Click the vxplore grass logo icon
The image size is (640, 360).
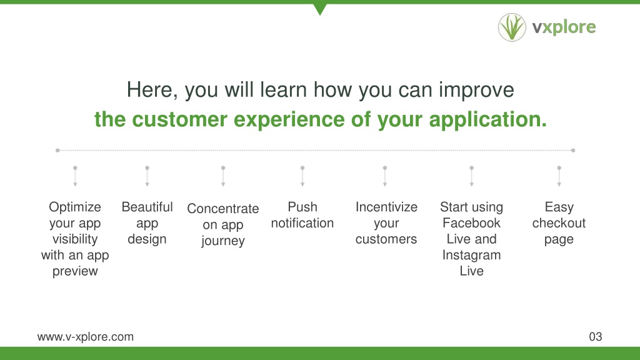pyautogui.click(x=512, y=27)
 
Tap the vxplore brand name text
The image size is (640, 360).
pyautogui.click(x=564, y=27)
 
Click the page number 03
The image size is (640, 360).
pyautogui.click(x=596, y=337)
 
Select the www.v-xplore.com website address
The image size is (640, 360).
pyautogui.click(x=85, y=337)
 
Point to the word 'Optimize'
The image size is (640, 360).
pyautogui.click(x=75, y=207)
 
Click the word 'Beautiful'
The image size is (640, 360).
pyautogui.click(x=147, y=207)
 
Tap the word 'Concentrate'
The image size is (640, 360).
pyautogui.click(x=223, y=209)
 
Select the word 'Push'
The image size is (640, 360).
pyautogui.click(x=302, y=207)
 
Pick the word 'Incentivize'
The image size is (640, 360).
pyautogui.click(x=386, y=207)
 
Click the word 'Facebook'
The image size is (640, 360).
pyautogui.click(x=471, y=223)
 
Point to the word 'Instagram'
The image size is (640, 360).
pyautogui.click(x=471, y=255)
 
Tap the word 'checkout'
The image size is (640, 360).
pyautogui.click(x=559, y=223)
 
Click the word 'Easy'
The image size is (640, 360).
pyautogui.click(x=559, y=207)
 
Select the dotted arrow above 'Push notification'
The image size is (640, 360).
pyautogui.click(x=302, y=176)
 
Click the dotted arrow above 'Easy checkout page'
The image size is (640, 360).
pyautogui.click(x=559, y=176)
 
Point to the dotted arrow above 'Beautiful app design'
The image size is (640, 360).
pyautogui.click(x=147, y=176)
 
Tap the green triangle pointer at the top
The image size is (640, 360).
pyautogui.click(x=320, y=9)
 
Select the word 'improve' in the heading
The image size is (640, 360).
pyautogui.click(x=476, y=90)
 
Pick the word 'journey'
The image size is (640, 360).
pyautogui.click(x=223, y=241)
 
